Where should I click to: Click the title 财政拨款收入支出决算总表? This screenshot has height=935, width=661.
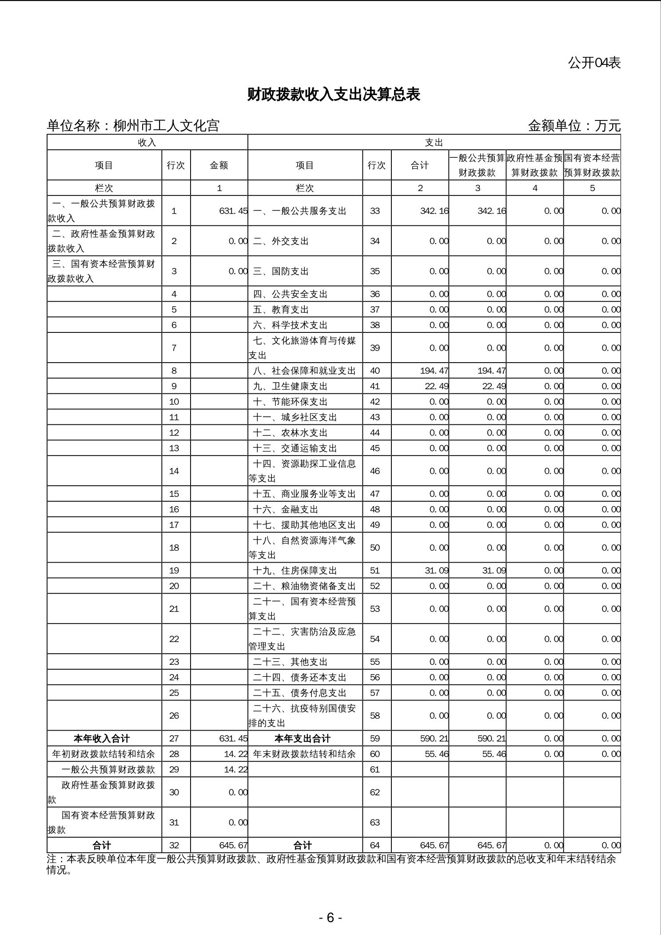(333, 95)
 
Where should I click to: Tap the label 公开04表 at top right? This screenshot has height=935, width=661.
(594, 63)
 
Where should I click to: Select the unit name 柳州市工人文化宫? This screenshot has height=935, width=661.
(166, 126)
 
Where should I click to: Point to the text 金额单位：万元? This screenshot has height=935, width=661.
(574, 126)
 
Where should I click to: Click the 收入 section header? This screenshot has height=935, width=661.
(147, 143)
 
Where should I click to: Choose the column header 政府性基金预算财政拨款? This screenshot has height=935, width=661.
(535, 165)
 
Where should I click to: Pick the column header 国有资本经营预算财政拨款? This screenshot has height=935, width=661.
(592, 165)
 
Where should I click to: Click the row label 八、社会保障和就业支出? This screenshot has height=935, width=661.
(304, 371)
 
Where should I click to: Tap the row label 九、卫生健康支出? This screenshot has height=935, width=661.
(290, 386)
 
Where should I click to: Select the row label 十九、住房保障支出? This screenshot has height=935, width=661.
(295, 571)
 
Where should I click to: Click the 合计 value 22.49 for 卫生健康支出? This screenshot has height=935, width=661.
(436, 386)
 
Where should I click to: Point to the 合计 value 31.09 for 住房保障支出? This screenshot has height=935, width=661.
(436, 571)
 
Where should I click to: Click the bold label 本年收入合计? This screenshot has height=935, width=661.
(102, 739)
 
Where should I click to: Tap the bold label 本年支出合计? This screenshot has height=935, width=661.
(303, 739)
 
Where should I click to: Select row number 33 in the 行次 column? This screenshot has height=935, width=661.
(375, 211)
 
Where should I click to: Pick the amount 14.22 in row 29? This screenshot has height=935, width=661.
(235, 769)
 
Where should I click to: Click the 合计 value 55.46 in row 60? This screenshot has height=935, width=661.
(436, 754)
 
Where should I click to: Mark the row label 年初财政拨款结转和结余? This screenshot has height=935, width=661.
(104, 754)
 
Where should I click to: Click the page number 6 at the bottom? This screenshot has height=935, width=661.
(330, 917)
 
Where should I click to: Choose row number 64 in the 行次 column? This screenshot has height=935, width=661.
(375, 845)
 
